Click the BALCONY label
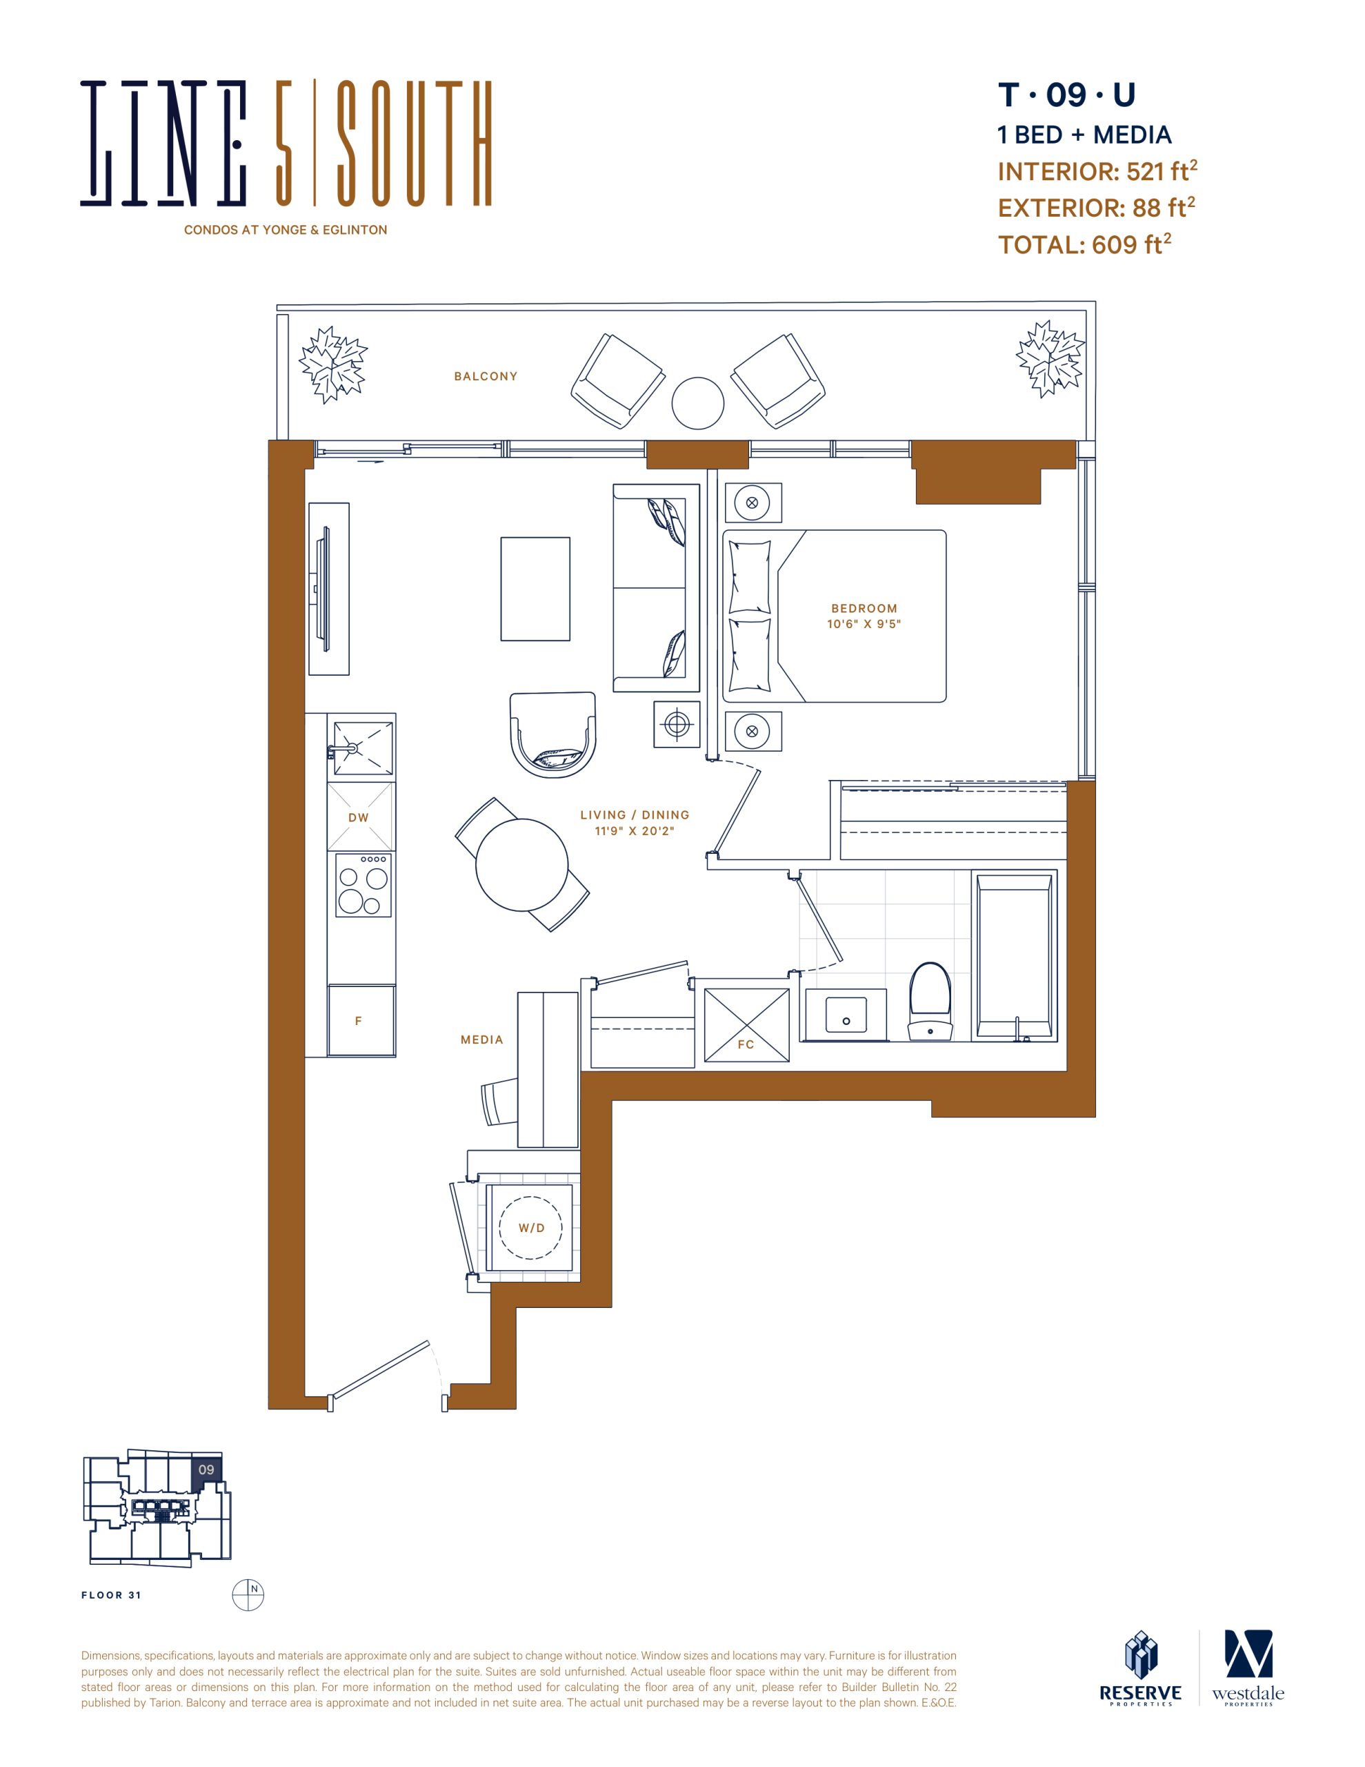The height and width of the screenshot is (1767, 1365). pos(485,376)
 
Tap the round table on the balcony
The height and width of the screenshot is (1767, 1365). pos(698,403)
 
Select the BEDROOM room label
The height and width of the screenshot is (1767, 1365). pos(864,608)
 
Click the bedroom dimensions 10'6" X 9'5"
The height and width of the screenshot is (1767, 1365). pos(864,624)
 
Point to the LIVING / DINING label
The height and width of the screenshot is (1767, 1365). pos(635,814)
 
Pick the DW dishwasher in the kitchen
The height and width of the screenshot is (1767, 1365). pos(361,817)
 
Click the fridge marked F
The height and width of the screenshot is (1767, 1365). pos(361,1020)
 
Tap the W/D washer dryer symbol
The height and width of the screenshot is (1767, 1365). pos(530,1227)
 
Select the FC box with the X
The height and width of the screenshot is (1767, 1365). pos(746,1024)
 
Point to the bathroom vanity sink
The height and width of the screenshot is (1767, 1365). pos(846,1015)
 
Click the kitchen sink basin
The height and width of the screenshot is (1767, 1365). pos(363,748)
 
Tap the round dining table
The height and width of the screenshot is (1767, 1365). pos(521,865)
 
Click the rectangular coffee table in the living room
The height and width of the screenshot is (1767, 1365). pos(535,589)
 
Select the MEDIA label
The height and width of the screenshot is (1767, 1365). pos(482,1039)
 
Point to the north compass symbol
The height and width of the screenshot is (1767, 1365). pos(248,1594)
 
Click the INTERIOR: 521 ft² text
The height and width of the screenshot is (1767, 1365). pos(1097,170)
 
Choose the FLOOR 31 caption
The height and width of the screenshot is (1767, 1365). pos(111,1596)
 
